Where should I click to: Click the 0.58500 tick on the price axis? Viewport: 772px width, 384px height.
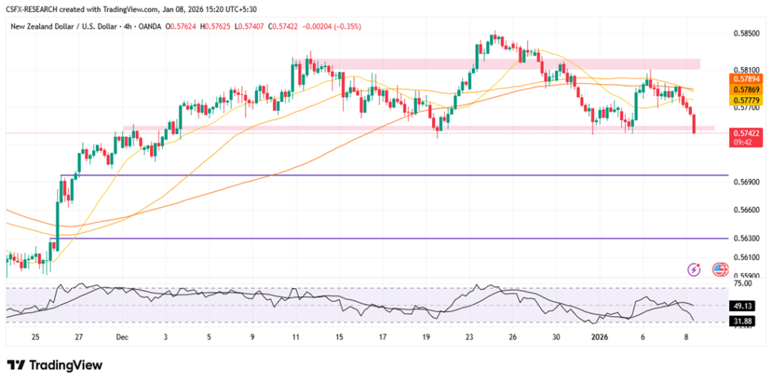tap(746, 33)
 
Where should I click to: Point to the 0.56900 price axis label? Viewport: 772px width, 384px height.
tap(746, 182)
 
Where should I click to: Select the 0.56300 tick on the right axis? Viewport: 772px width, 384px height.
tap(746, 239)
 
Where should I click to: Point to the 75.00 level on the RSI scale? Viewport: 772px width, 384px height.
tap(743, 284)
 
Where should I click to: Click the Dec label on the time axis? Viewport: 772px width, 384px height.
tap(122, 338)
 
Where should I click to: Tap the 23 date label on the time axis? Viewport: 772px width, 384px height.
tap(469, 338)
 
